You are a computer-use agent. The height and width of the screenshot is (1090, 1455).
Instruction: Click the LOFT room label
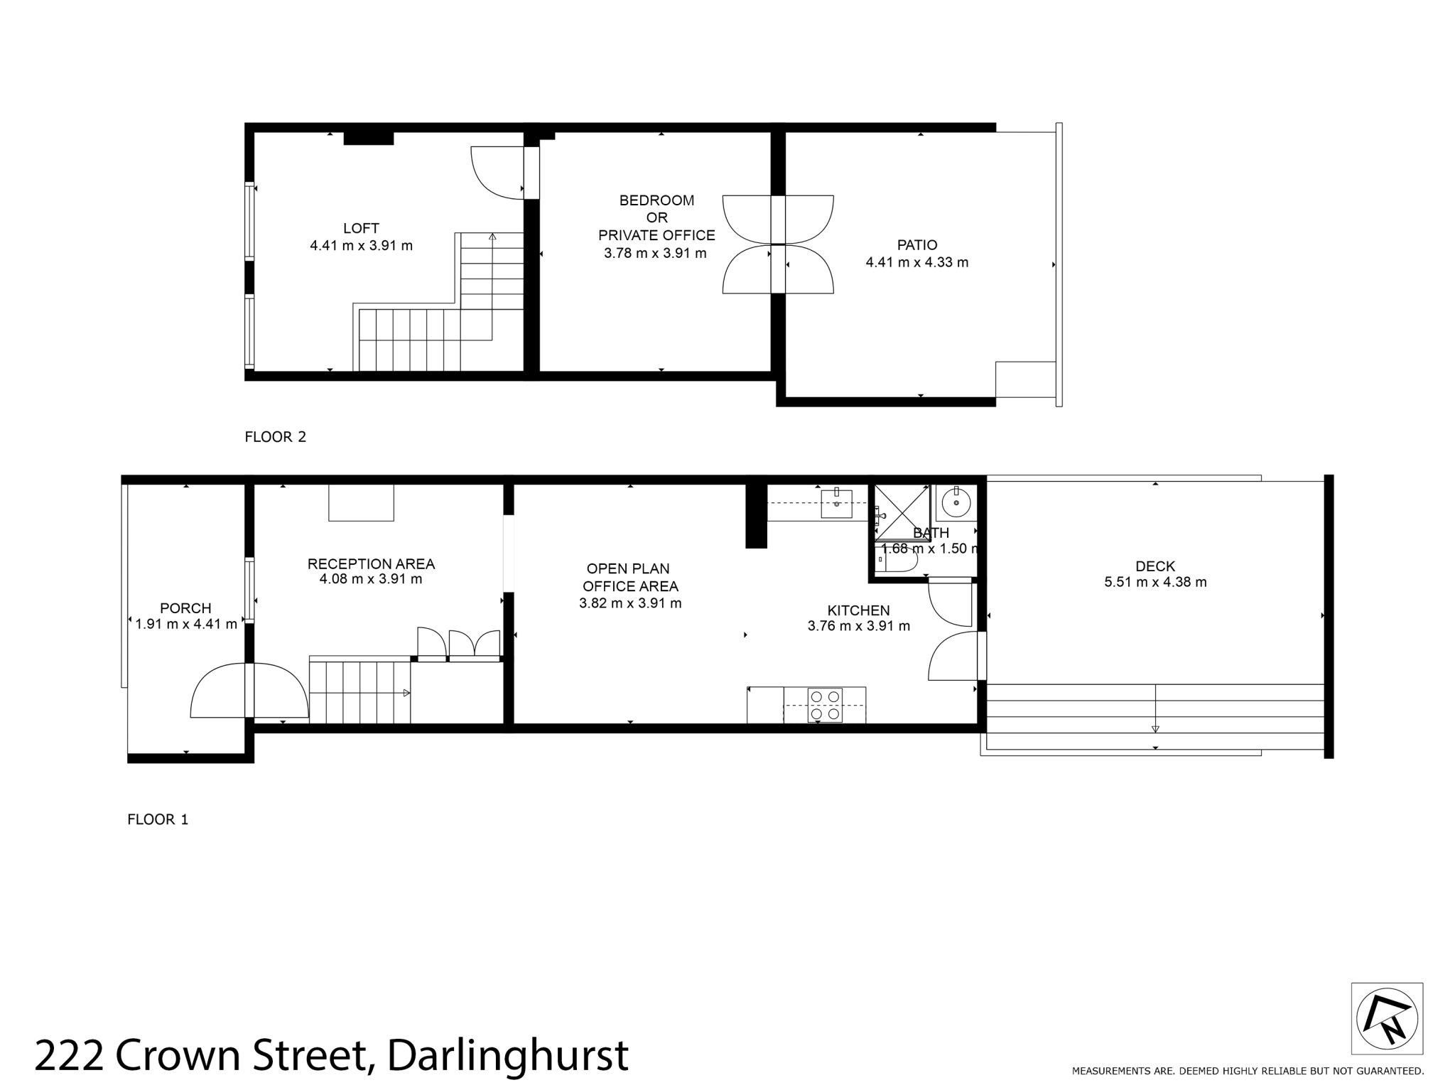point(361,228)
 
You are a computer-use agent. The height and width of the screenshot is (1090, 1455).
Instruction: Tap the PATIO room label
point(916,245)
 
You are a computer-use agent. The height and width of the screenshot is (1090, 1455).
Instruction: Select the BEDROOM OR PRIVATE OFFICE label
point(656,217)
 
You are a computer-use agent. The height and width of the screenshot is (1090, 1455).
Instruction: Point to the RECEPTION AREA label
point(371,564)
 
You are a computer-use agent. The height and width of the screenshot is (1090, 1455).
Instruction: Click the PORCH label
point(185,608)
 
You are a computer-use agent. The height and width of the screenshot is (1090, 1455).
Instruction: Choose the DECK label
point(1155,566)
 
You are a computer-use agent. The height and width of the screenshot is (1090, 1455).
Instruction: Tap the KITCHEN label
point(858,610)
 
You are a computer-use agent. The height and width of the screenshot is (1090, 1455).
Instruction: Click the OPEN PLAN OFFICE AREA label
point(630,577)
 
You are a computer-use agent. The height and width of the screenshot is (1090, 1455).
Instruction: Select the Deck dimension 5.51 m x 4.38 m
point(1155,583)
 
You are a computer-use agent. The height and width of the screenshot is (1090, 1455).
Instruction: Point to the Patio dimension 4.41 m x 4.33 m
point(916,262)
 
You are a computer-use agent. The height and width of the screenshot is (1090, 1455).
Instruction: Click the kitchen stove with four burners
point(826,705)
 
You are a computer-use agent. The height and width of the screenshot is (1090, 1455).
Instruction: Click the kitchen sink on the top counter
point(837,504)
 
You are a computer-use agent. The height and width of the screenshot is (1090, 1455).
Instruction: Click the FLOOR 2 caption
point(275,437)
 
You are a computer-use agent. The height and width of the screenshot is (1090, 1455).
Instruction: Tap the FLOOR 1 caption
point(158,819)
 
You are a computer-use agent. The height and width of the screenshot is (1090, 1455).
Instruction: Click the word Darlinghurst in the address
point(508,1056)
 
